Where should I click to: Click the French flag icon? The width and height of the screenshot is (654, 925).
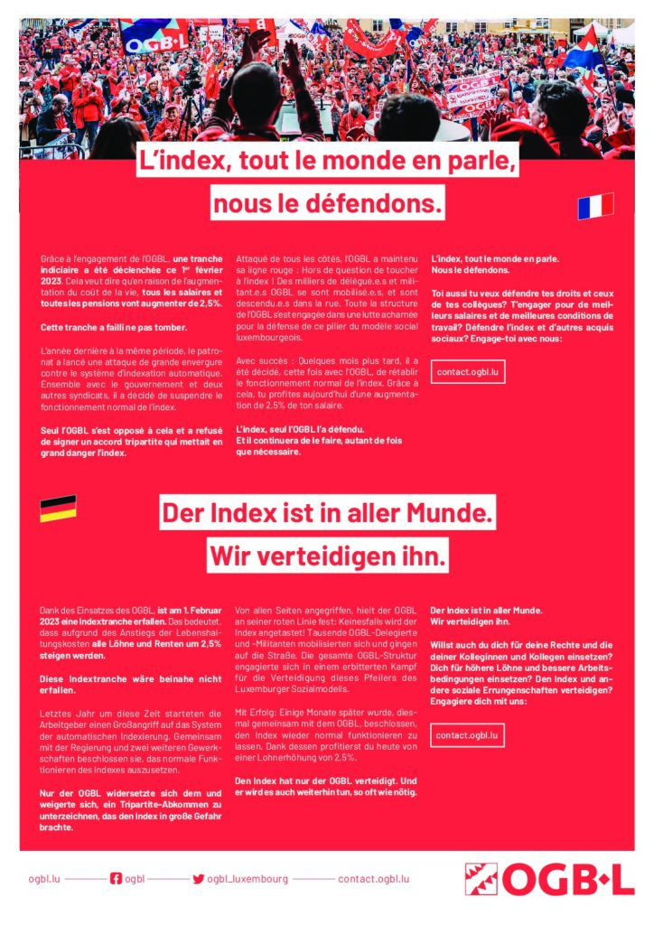[595, 206]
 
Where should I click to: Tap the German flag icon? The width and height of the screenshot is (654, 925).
[58, 509]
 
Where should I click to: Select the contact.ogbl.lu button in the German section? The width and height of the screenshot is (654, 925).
[467, 735]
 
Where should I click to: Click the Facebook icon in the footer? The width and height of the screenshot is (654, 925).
[116, 878]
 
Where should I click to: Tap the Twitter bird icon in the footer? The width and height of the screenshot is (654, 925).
[198, 878]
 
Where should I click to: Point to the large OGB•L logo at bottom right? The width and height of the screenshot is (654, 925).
[549, 878]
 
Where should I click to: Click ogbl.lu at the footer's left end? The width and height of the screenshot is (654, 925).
[44, 878]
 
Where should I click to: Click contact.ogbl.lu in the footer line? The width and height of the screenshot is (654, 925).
[373, 878]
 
